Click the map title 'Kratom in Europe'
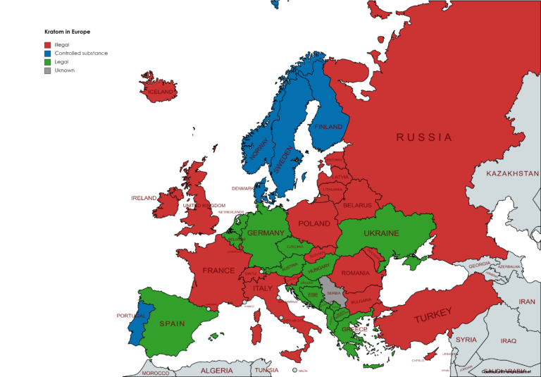[x=67, y=32]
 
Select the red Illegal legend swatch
[x=48, y=44]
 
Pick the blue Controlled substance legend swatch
[x=48, y=53]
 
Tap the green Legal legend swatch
[x=48, y=61]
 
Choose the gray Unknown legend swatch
[x=48, y=70]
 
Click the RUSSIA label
[x=423, y=137]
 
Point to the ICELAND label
[x=160, y=92]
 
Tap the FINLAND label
[x=328, y=127]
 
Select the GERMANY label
[x=266, y=233]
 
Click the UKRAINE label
[x=381, y=233]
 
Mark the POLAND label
[x=313, y=223]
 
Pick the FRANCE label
[x=218, y=271]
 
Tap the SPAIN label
[x=172, y=324]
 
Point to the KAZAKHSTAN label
[x=512, y=173]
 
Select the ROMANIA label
[x=355, y=273]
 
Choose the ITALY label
[x=262, y=288]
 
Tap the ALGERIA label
[x=216, y=370]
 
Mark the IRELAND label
[x=144, y=198]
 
